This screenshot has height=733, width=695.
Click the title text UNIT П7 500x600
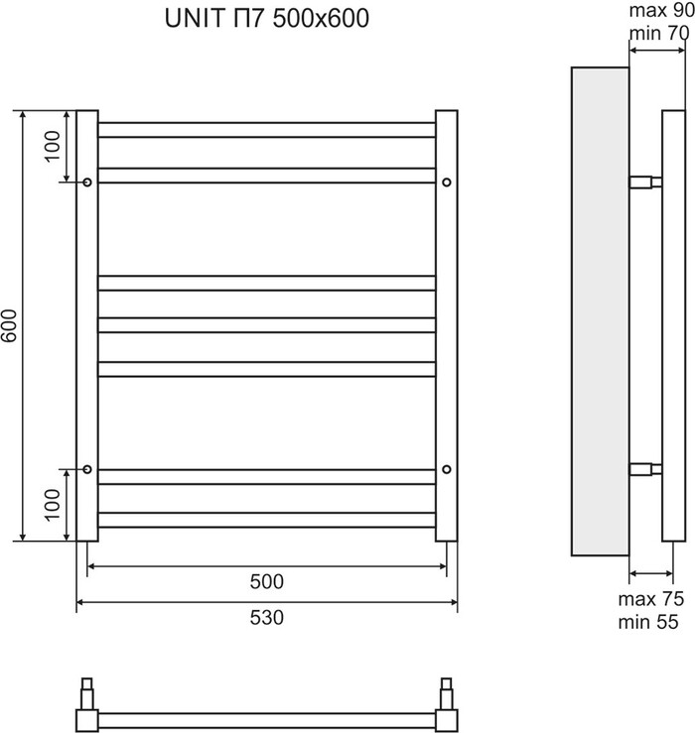pos(267,18)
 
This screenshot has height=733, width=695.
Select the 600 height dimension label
pos(10,325)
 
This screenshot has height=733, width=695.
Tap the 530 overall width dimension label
pos(267,618)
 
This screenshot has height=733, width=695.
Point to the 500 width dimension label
pos(267,581)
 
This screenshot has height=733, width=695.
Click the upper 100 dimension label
pos(53,147)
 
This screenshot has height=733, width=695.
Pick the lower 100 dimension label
pos(53,505)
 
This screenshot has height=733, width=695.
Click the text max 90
pos(662,11)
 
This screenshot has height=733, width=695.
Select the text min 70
pos(659,33)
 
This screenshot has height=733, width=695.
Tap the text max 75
pos(651,599)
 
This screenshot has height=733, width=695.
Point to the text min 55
pos(648,622)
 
